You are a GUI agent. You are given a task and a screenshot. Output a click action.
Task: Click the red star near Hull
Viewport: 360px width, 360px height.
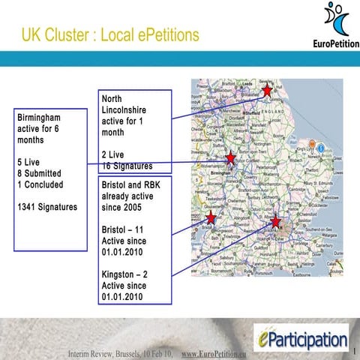click(x=267, y=91)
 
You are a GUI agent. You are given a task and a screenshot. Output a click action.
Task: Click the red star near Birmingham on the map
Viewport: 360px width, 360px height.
click(x=230, y=158)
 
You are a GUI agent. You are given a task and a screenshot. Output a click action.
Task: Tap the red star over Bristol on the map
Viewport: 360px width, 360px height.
click(x=211, y=217)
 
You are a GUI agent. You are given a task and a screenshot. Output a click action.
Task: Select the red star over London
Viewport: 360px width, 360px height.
click(x=276, y=221)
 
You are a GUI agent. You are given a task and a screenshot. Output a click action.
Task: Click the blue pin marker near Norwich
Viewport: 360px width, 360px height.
click(x=321, y=148)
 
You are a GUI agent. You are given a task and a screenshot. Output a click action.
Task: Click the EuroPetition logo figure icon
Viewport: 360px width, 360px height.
click(x=337, y=20)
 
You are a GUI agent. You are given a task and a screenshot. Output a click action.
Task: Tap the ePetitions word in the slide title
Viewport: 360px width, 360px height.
click(x=160, y=34)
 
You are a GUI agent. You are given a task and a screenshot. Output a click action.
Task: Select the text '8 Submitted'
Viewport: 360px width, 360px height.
click(x=42, y=172)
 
